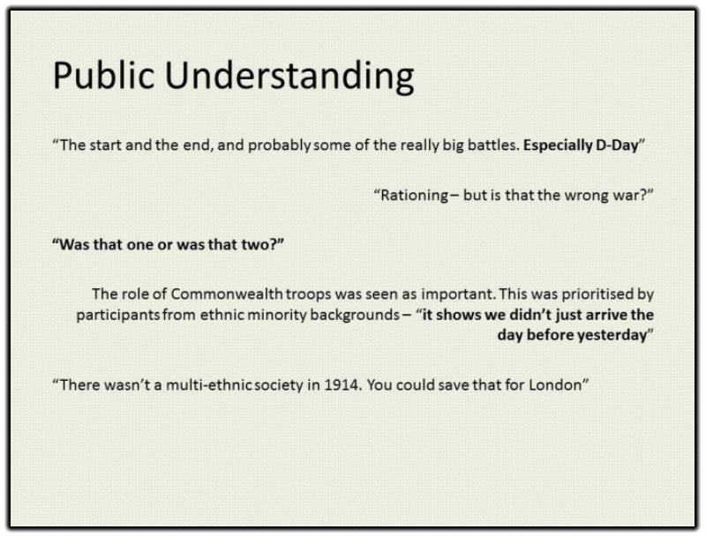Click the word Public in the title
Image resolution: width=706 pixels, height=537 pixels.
click(x=104, y=75)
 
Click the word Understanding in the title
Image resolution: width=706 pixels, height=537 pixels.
click(x=289, y=78)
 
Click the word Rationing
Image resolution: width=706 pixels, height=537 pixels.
click(x=414, y=195)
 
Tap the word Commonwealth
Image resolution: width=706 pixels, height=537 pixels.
click(x=227, y=294)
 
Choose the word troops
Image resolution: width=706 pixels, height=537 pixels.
click(x=308, y=295)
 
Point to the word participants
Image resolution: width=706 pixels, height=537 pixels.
click(x=118, y=315)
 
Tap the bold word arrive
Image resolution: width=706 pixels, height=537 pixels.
click(x=607, y=315)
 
